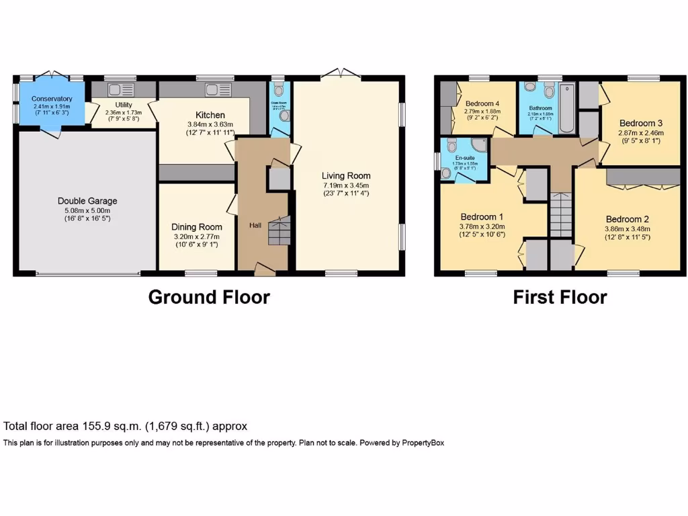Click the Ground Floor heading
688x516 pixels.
tap(209, 297)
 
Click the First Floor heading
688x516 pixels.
tap(560, 297)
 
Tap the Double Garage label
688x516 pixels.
tap(87, 201)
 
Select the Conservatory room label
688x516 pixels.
tap(52, 99)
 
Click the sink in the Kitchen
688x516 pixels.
tap(219, 89)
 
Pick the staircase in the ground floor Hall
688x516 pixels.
tap(278, 232)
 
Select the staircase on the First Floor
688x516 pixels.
tap(560, 214)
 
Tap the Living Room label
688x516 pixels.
tap(346, 175)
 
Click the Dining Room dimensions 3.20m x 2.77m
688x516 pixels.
tap(196, 236)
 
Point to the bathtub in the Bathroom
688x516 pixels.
tap(567, 107)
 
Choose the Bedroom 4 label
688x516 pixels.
tap(481, 103)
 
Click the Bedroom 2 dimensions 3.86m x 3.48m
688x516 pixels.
tap(628, 229)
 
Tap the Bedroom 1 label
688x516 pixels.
tap(482, 217)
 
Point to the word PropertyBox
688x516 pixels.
tap(423, 443)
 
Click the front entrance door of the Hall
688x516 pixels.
tap(265, 270)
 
